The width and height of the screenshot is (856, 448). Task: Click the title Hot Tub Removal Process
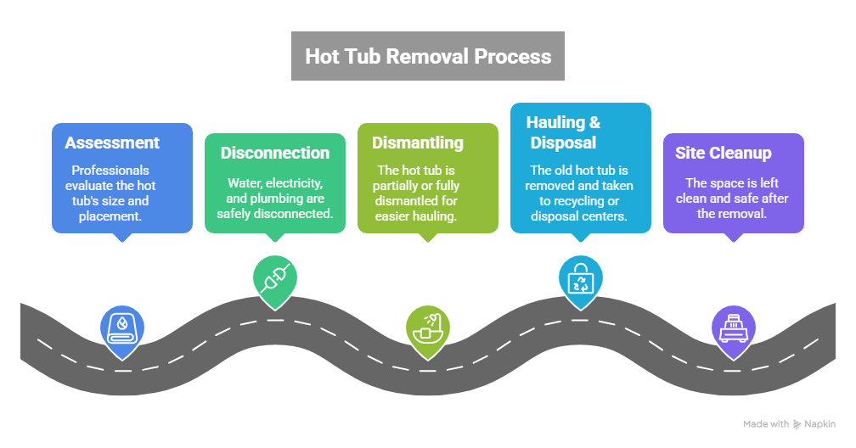(x=428, y=57)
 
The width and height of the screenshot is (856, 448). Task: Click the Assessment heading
(x=111, y=143)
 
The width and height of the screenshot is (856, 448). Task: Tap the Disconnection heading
(x=274, y=153)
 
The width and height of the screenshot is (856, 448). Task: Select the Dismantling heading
(x=417, y=143)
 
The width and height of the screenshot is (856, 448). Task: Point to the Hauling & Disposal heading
(x=563, y=132)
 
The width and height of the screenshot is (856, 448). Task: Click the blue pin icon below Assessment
(x=122, y=328)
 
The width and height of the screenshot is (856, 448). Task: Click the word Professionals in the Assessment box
(x=111, y=170)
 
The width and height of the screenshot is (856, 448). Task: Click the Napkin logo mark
(x=797, y=423)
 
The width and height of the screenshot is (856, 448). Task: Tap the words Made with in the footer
(x=765, y=423)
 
